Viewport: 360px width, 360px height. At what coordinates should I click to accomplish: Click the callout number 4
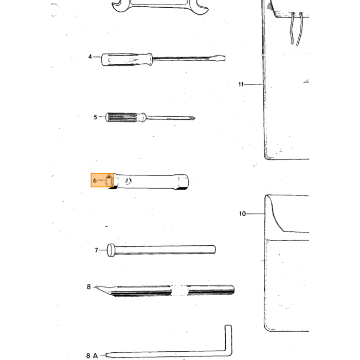[90, 57]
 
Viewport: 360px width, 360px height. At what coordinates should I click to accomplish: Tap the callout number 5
[95, 117]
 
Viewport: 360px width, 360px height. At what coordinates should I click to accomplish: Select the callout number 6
[95, 181]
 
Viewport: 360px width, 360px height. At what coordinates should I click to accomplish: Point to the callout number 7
[97, 250]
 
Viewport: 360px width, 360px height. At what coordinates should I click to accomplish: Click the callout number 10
[242, 214]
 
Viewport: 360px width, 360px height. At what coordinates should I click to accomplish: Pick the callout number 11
[241, 84]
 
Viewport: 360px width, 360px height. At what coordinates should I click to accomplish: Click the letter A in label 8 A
[95, 356]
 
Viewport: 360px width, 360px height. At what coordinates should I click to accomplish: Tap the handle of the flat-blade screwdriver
[127, 60]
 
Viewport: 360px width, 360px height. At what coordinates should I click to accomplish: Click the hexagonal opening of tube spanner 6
[109, 181]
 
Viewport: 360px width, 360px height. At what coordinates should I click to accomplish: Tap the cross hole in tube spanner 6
[129, 181]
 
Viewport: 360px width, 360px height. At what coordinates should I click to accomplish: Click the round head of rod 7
[111, 250]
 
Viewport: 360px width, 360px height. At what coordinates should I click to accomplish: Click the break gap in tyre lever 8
[179, 291]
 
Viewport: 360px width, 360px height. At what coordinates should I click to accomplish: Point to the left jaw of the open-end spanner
[117, 5]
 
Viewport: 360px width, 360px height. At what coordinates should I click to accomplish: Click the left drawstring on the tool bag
[292, 29]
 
